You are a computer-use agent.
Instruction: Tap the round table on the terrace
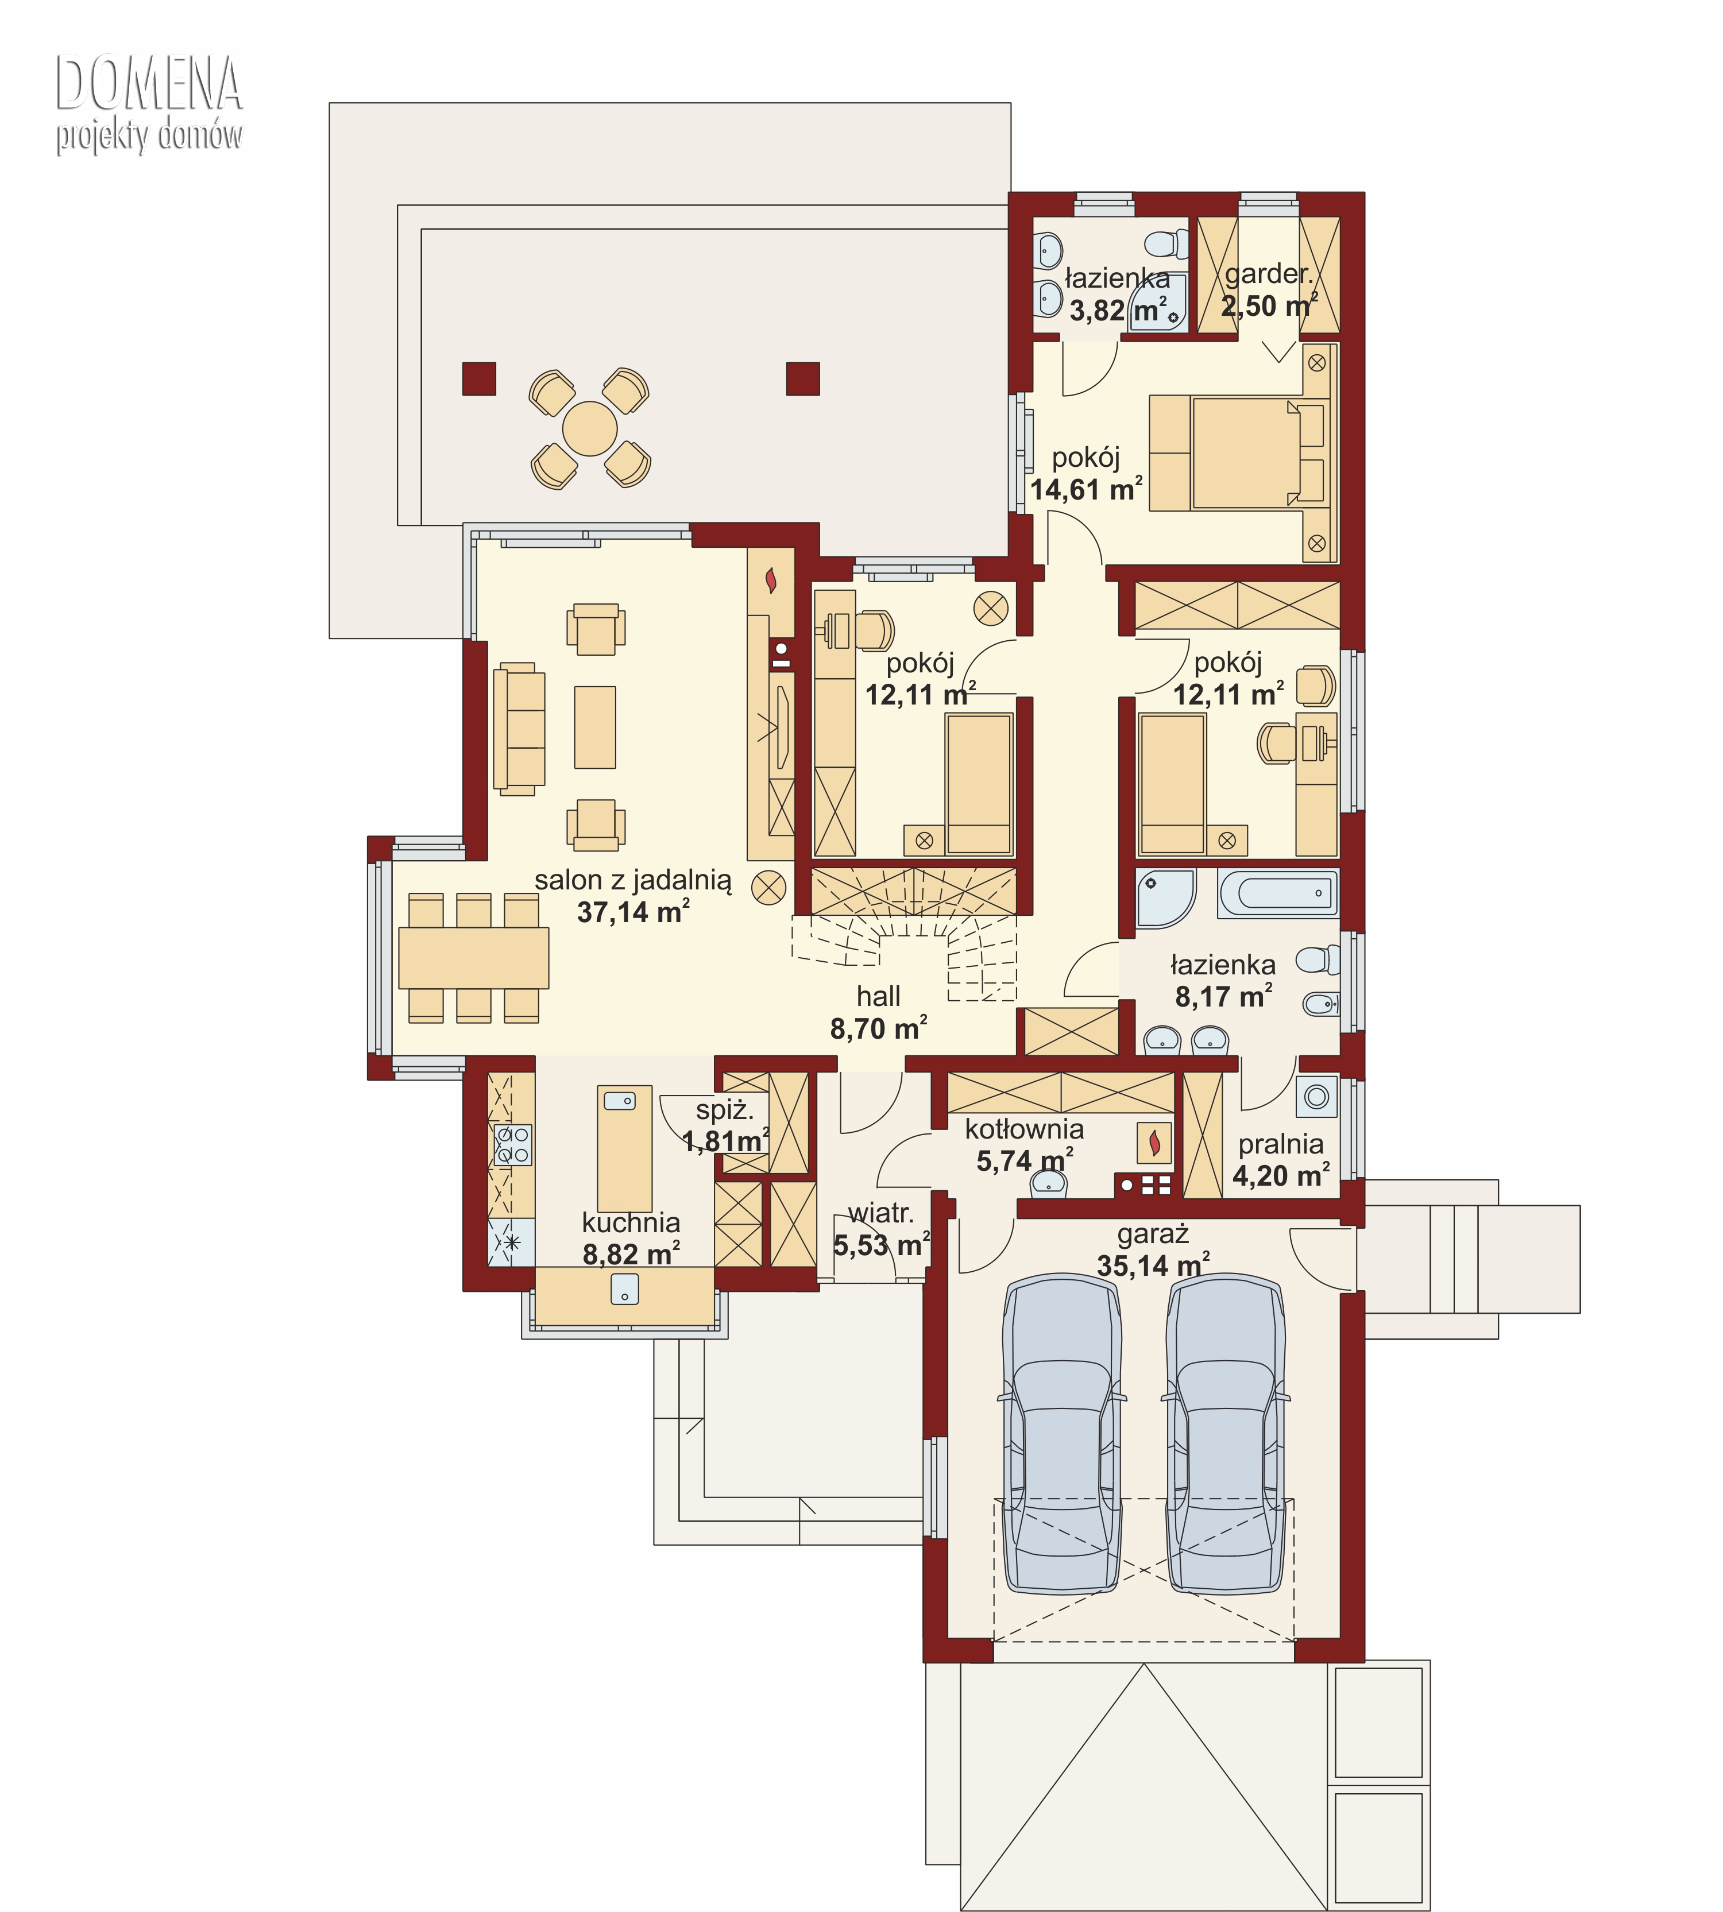[x=590, y=429]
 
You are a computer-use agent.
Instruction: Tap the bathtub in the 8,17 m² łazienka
[x=1278, y=893]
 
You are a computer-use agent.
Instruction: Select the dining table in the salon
[x=473, y=958]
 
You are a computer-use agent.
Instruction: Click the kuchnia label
[x=631, y=1223]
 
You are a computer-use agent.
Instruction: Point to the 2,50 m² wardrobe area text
[x=1269, y=305]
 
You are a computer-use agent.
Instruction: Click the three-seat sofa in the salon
[x=519, y=729]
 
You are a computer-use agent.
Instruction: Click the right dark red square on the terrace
[x=803, y=378]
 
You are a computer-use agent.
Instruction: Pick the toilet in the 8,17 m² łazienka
[x=1318, y=960]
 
